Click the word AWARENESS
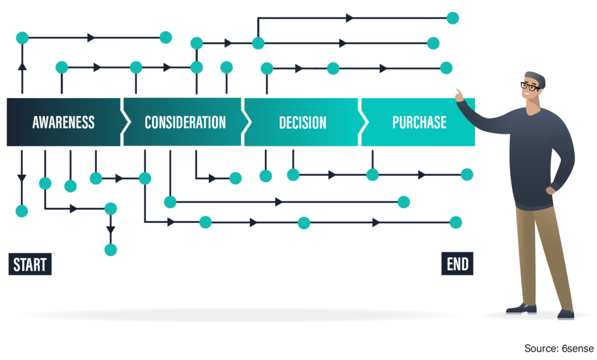[63, 123]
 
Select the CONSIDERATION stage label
[185, 123]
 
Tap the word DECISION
[302, 123]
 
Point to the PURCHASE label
[419, 123]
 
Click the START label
[30, 265]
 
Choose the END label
[458, 264]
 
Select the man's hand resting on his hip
[552, 189]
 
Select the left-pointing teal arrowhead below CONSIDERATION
[167, 204]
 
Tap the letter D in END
[465, 264]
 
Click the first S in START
[17, 265]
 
